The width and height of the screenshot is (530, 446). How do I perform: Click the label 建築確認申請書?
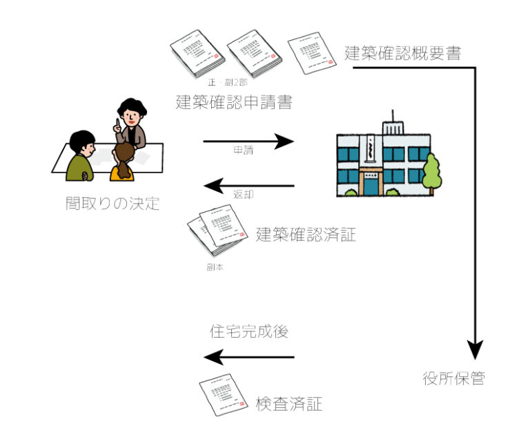[x=233, y=104]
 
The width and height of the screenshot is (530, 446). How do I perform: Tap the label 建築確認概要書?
[x=402, y=52]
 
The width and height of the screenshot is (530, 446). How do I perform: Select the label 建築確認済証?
[x=306, y=235]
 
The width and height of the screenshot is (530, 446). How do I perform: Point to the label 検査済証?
[x=288, y=405]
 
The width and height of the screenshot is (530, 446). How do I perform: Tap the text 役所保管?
[x=453, y=378]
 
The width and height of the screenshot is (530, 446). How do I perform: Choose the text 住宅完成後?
[x=248, y=331]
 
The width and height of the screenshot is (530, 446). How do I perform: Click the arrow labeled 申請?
[x=248, y=142]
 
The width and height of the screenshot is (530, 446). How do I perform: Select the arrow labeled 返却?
[x=248, y=185]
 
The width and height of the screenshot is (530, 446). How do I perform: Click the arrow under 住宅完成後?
[x=248, y=357]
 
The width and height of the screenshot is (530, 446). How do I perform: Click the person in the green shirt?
[x=80, y=157]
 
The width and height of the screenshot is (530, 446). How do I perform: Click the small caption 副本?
[x=214, y=265]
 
